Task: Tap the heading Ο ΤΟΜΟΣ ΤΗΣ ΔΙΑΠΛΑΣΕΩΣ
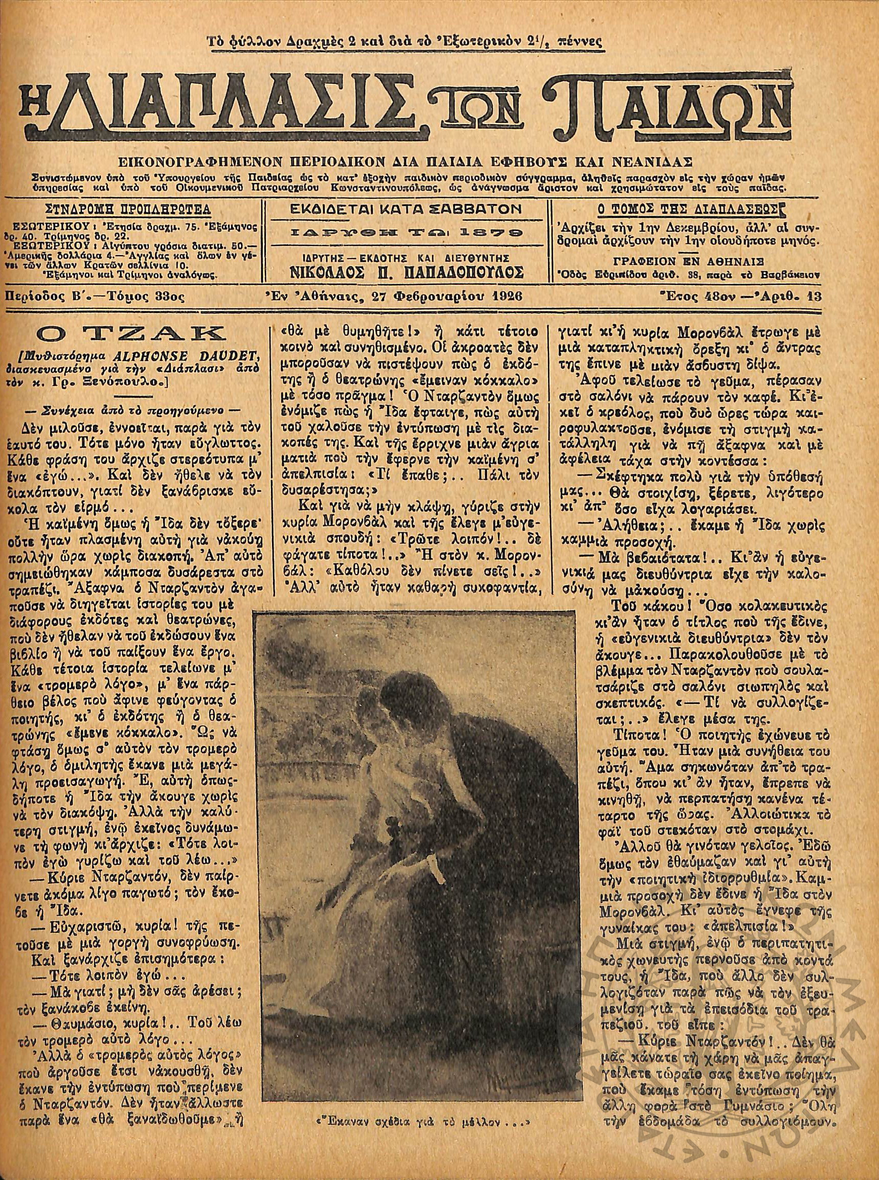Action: click(684, 209)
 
